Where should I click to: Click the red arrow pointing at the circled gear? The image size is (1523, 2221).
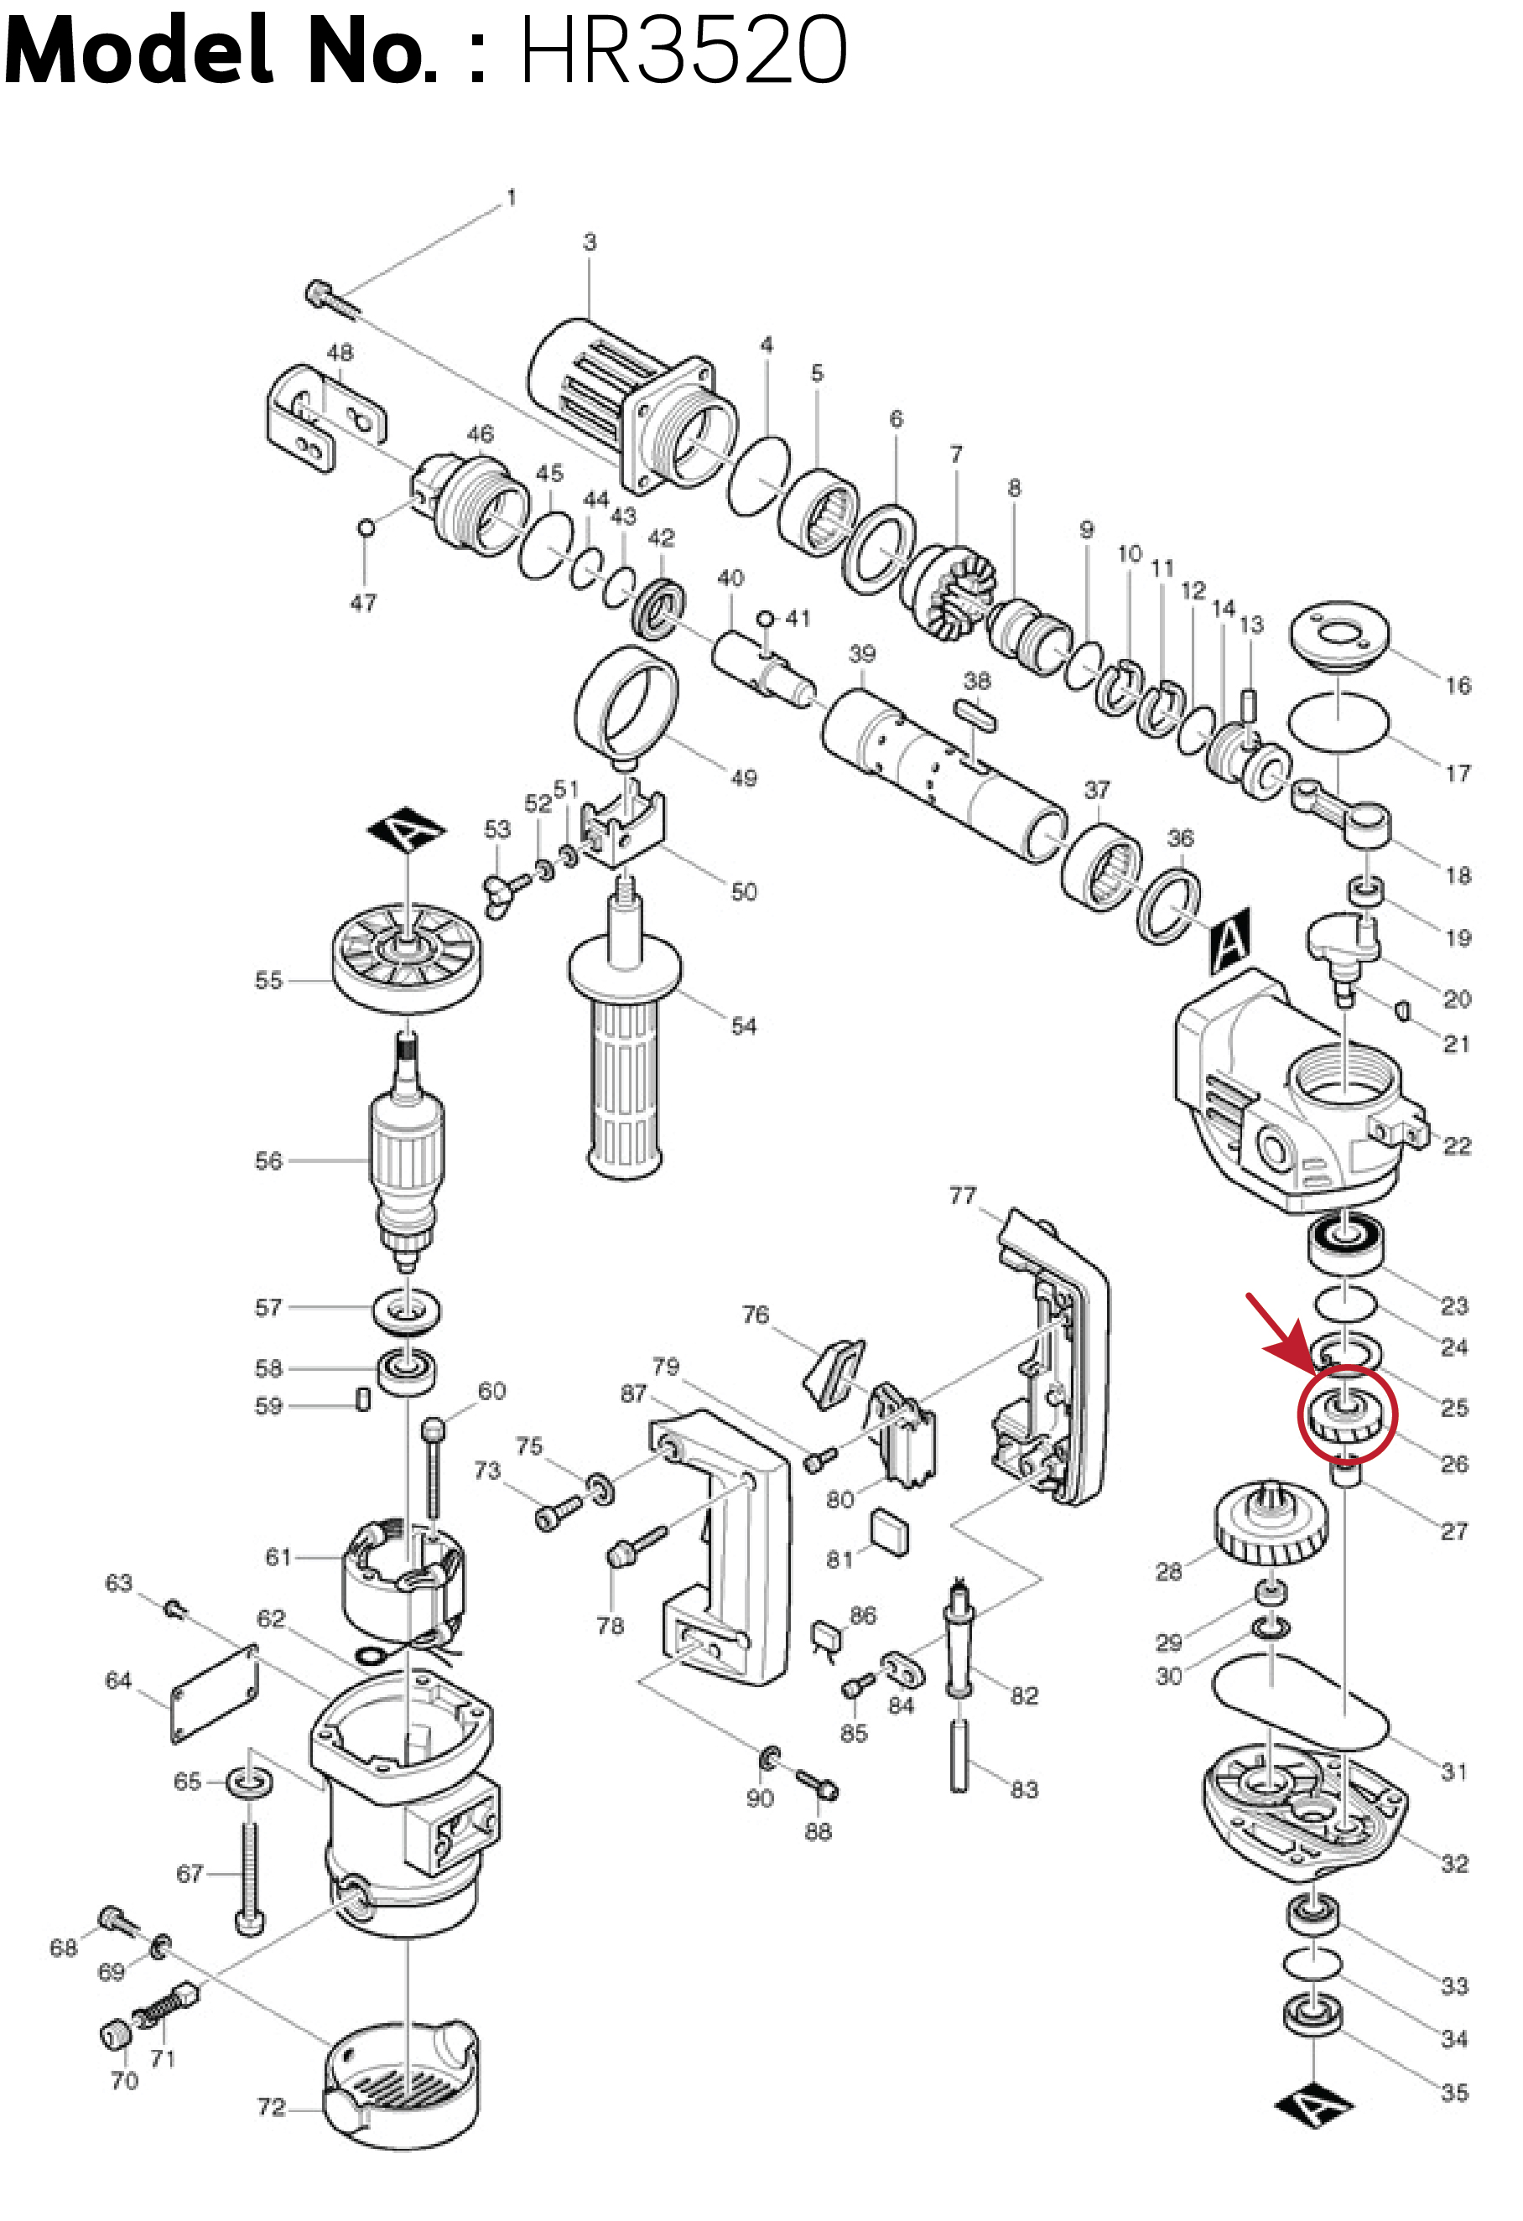tap(1276, 1328)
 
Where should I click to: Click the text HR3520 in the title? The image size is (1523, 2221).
tap(683, 49)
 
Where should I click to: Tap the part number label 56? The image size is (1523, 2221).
tap(268, 1161)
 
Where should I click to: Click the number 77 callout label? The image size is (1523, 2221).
tap(962, 1196)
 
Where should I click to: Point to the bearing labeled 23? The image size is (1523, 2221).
tap(1344, 1243)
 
